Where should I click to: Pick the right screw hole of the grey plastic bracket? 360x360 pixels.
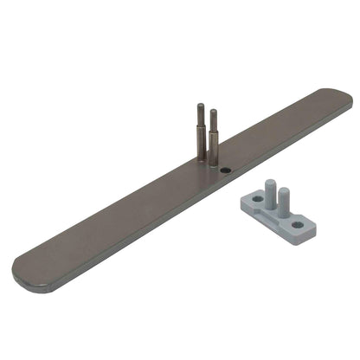click(298, 224)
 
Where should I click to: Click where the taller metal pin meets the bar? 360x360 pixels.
click(202, 160)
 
